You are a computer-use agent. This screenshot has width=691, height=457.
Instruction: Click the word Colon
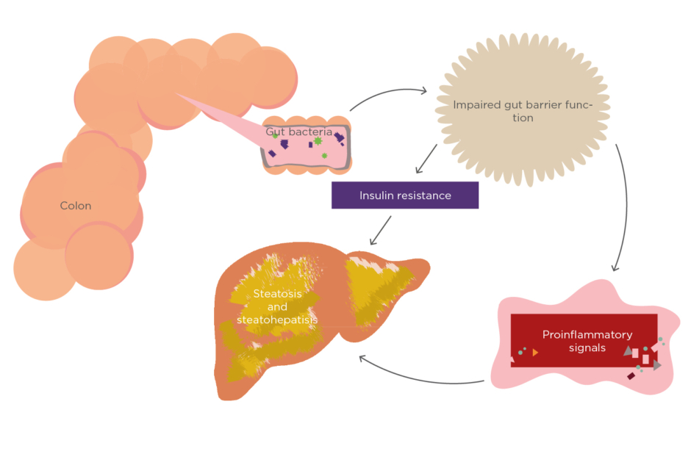pyautogui.click(x=76, y=206)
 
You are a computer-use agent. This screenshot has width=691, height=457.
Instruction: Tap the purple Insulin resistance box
pyautogui.click(x=405, y=195)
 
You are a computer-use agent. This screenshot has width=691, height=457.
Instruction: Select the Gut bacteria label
pyautogui.click(x=293, y=132)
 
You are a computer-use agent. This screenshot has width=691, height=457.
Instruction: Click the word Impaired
pyautogui.click(x=477, y=105)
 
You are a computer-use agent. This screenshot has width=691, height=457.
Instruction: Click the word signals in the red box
pyautogui.click(x=587, y=348)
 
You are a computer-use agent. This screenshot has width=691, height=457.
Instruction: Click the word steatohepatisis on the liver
pyautogui.click(x=277, y=320)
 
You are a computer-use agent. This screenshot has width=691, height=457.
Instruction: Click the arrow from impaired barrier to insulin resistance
pyautogui.click(x=426, y=159)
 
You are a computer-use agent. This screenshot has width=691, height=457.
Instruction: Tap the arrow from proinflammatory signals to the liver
pyautogui.click(x=419, y=378)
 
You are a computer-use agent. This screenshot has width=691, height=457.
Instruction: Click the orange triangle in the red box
pyautogui.click(x=535, y=353)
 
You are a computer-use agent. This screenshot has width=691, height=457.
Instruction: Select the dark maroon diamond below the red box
pyautogui.click(x=631, y=376)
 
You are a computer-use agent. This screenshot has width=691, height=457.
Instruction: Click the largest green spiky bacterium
pyautogui.click(x=318, y=140)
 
